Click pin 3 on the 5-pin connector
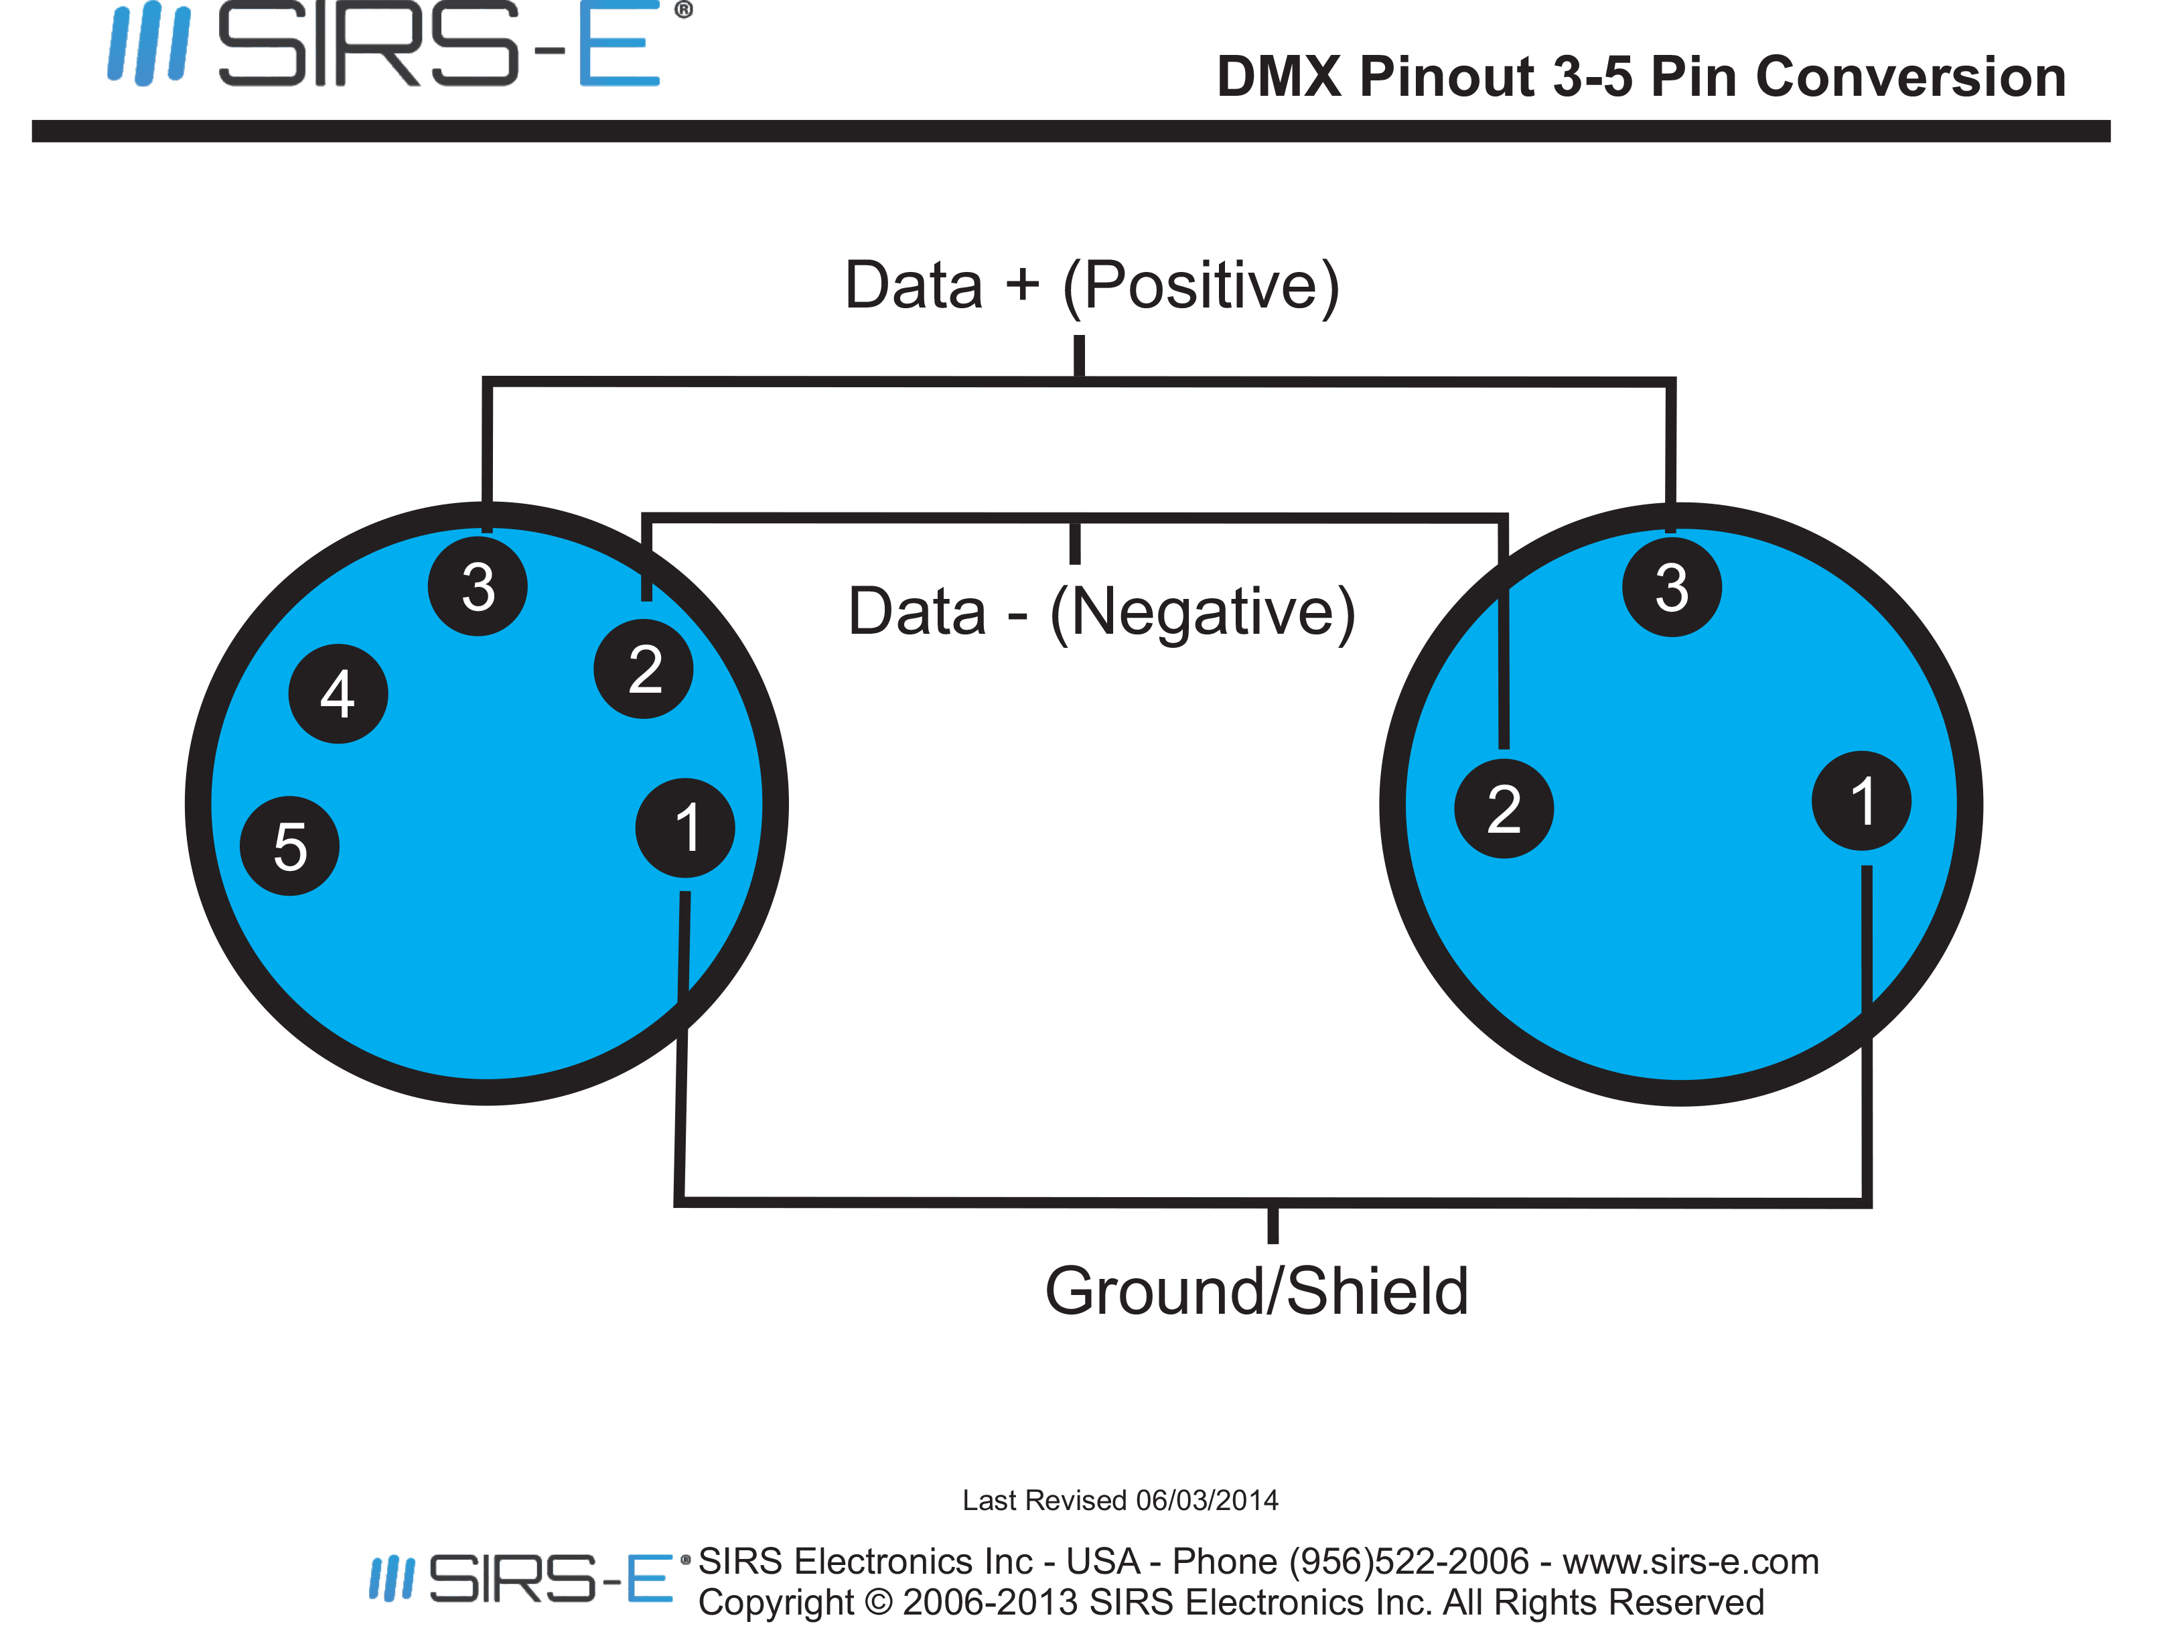pos(478,586)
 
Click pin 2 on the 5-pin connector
pos(644,669)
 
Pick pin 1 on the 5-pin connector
pos(684,827)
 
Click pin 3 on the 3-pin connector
pos(1672,586)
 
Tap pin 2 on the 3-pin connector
pos(1504,809)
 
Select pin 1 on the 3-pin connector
pos(1861,801)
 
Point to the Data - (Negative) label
pos(1102,612)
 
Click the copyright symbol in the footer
pos(879,1602)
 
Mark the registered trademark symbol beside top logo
pos(684,10)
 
